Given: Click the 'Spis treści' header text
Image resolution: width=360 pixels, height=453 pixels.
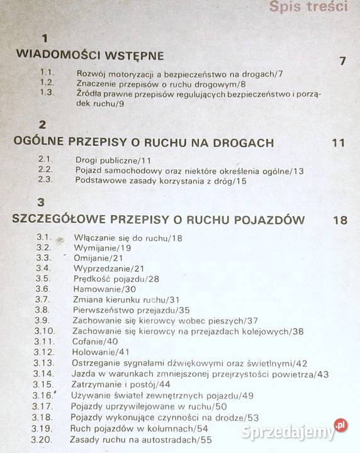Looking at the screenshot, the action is click(x=308, y=8).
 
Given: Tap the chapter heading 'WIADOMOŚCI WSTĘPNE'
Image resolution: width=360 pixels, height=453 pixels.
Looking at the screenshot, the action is click(x=89, y=55).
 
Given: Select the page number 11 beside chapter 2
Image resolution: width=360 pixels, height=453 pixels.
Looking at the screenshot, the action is click(x=338, y=143).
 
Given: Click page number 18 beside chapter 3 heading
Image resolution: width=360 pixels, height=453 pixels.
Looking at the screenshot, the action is click(x=340, y=220).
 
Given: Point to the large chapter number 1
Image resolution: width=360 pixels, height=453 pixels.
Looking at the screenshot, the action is click(x=45, y=38).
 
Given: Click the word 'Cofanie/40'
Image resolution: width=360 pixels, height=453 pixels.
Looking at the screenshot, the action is click(x=96, y=341).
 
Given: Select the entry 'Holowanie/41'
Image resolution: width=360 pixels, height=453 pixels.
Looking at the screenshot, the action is click(x=101, y=352).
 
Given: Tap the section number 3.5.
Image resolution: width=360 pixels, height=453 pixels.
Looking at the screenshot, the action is click(x=43, y=279).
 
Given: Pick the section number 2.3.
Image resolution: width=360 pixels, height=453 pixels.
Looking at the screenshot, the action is click(x=45, y=180).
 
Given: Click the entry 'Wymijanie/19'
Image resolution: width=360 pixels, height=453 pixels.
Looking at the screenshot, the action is click(x=102, y=248).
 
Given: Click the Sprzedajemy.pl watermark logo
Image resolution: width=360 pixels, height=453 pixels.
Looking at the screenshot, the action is click(x=306, y=433).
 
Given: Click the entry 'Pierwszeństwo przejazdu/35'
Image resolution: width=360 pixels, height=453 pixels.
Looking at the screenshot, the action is click(x=131, y=310).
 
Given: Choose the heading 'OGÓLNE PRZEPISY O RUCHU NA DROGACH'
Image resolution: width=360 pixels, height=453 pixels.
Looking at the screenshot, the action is click(x=143, y=142).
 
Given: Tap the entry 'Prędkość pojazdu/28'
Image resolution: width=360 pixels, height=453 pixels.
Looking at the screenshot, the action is click(x=115, y=279).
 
